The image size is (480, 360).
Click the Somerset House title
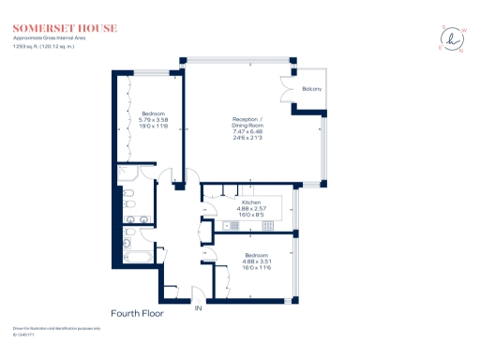[x=65, y=28]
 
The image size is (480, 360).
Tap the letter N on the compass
[x=462, y=51]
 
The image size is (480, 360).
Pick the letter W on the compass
[x=462, y=27]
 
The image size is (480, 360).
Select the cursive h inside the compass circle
[x=452, y=38]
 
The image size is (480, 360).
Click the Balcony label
[x=312, y=89]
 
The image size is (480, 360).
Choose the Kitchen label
[x=251, y=202]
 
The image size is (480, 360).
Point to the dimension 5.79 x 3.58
[x=153, y=119]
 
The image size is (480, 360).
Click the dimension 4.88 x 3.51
[x=257, y=262]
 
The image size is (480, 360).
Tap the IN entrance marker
[x=198, y=307]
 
